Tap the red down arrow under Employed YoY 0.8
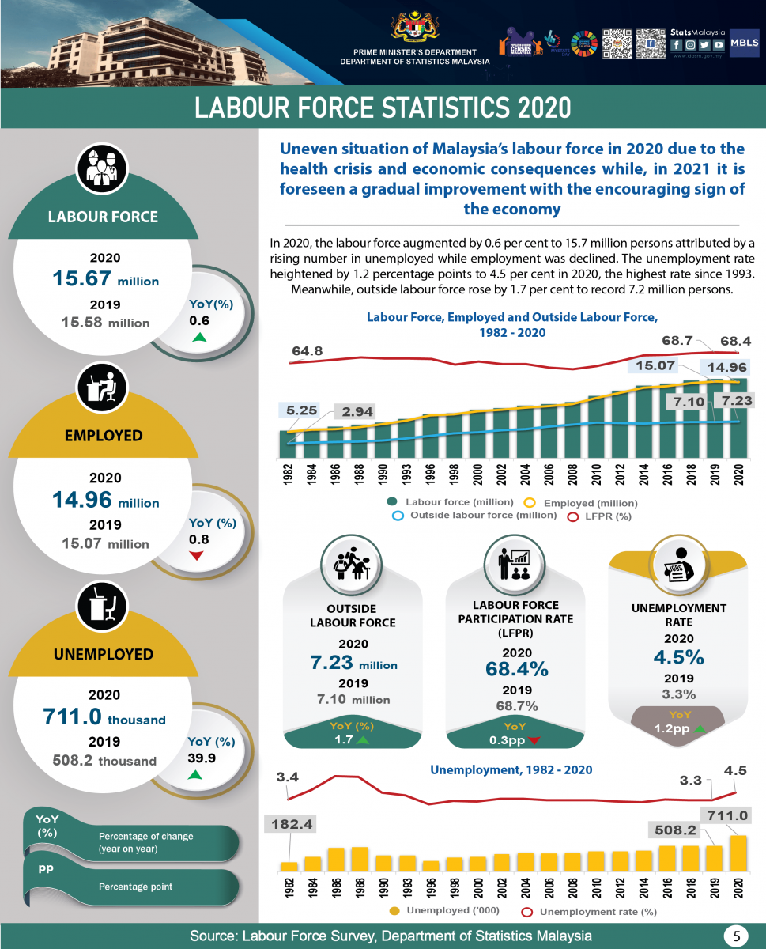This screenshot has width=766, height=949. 197,556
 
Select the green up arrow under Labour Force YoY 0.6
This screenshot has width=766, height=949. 199,338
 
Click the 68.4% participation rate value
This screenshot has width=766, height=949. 516,669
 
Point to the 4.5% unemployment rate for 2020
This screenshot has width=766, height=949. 677,657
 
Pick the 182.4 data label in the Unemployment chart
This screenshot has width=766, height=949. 292,825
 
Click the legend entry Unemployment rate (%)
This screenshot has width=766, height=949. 591,912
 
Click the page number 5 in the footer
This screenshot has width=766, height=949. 736,936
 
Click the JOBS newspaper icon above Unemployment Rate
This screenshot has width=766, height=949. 678,565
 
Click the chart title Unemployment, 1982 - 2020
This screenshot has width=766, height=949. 511,769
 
